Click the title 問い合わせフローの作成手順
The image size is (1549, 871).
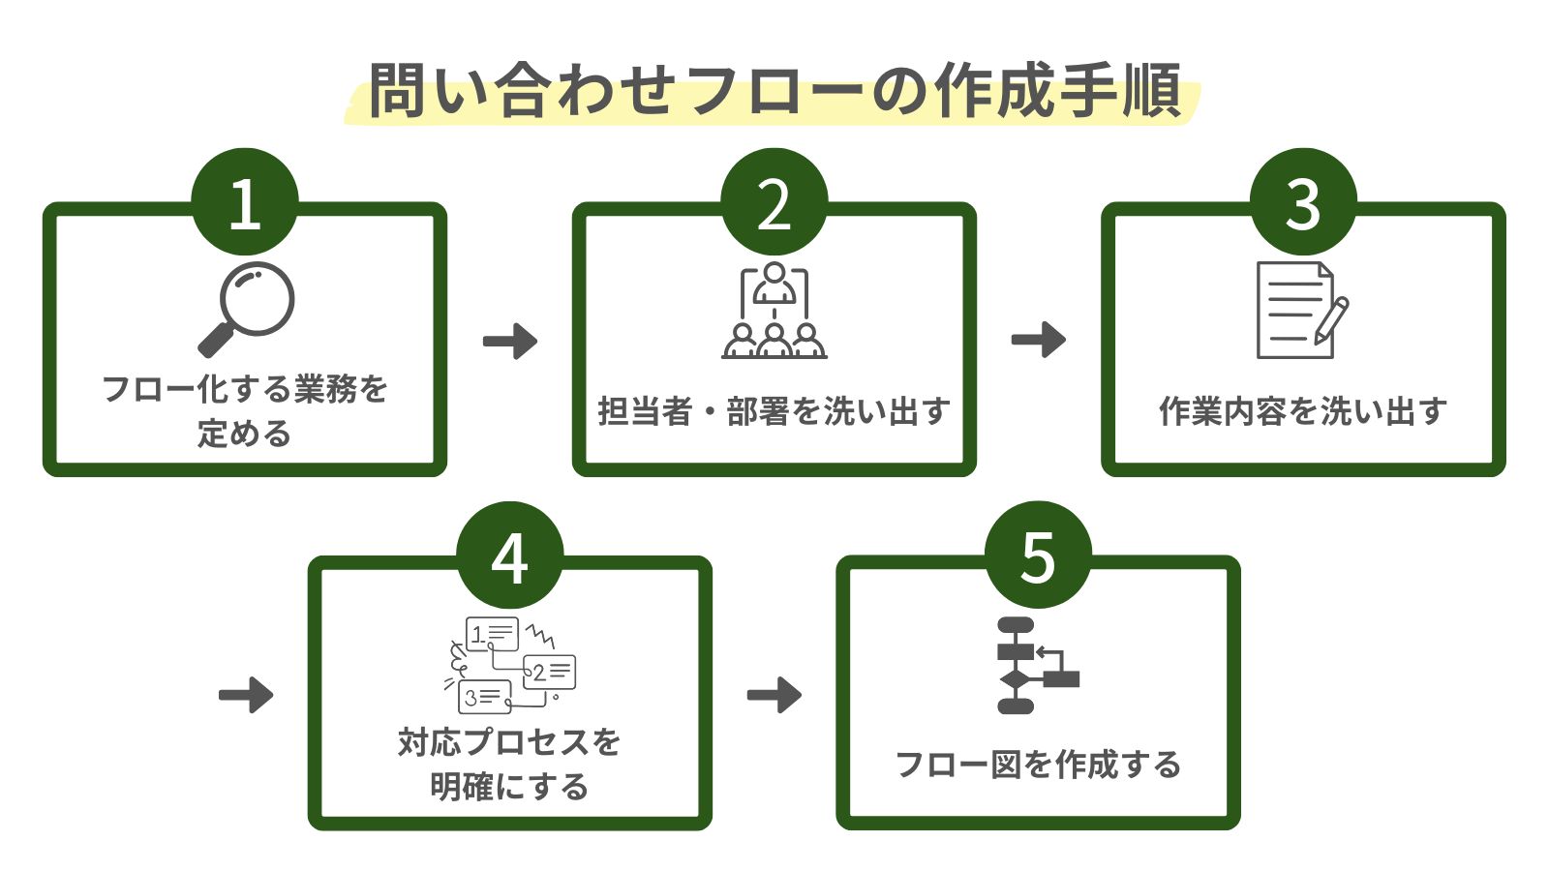pyautogui.click(x=774, y=91)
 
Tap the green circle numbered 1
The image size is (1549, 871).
pyautogui.click(x=245, y=202)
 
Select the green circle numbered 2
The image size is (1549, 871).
pyautogui.click(x=774, y=202)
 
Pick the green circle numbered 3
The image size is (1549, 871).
pyautogui.click(x=1303, y=202)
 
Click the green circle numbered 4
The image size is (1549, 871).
pyautogui.click(x=509, y=556)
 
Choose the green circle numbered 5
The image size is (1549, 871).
pyautogui.click(x=1038, y=556)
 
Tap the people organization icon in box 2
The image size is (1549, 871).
pyautogui.click(x=774, y=311)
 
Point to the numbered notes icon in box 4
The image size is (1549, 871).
pyautogui.click(x=510, y=664)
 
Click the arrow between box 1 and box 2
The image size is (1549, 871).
pyautogui.click(x=510, y=341)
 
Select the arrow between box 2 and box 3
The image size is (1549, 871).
pyautogui.click(x=1039, y=340)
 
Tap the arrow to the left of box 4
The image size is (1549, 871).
pyautogui.click(x=246, y=694)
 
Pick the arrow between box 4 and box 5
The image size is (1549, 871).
pyautogui.click(x=774, y=694)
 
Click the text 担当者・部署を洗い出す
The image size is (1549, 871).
pyautogui.click(x=774, y=412)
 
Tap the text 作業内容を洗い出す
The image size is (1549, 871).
pyautogui.click(x=1303, y=412)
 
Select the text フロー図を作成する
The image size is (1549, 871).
pyautogui.click(x=1038, y=766)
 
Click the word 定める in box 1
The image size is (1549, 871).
pyautogui.click(x=245, y=434)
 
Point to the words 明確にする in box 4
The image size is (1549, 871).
pyautogui.click(x=509, y=787)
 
